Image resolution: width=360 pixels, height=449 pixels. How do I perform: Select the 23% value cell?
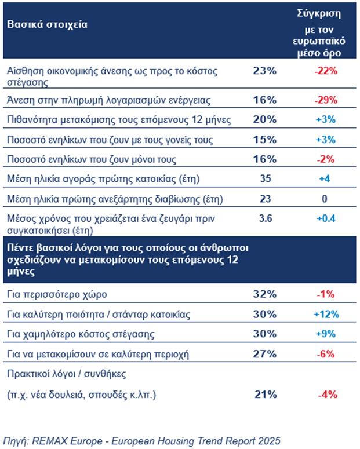coord(266,71)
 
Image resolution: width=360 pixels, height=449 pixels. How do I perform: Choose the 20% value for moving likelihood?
coord(266,120)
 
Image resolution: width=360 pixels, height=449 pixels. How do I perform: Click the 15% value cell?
coord(266,140)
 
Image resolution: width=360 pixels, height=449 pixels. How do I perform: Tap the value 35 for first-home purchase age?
coord(266,179)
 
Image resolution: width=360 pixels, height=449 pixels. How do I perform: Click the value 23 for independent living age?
coord(266,199)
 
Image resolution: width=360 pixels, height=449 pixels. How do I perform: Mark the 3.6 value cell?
coord(266,219)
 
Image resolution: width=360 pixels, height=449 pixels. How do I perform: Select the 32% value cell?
coord(266,294)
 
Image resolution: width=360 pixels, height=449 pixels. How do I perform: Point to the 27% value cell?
coord(266,353)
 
